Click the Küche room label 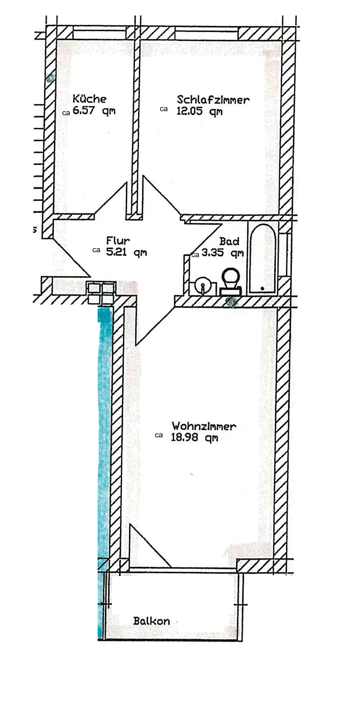pyautogui.click(x=89, y=99)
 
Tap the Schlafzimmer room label pyautogui.click(x=213, y=100)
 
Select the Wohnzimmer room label pyautogui.click(x=203, y=426)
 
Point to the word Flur pyautogui.click(x=118, y=241)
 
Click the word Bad pyautogui.click(x=229, y=241)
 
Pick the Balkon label pyautogui.click(x=151, y=621)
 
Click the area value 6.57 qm pyautogui.click(x=94, y=111)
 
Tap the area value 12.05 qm pyautogui.click(x=199, y=111)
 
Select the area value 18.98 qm pyautogui.click(x=194, y=438)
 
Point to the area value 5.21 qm pyautogui.click(x=126, y=252)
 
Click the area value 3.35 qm pyautogui.click(x=222, y=253)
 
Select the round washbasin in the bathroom pyautogui.click(x=202, y=285)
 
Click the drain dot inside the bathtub pyautogui.click(x=262, y=288)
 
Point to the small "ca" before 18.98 pyautogui.click(x=159, y=436)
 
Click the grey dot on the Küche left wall pyautogui.click(x=50, y=78)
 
